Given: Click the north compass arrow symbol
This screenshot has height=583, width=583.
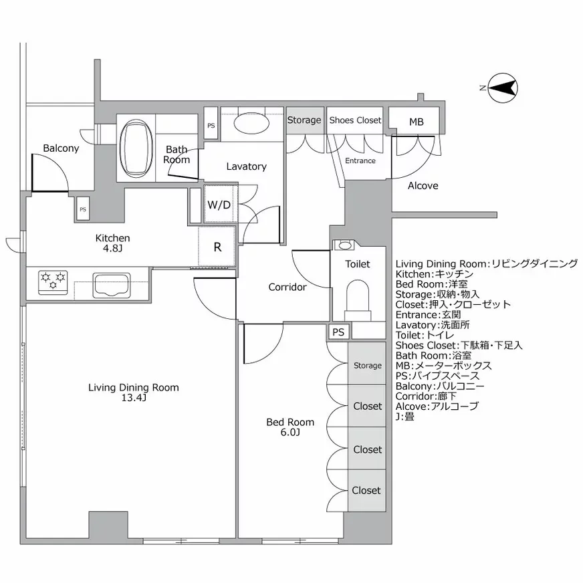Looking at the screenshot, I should tap(502, 88).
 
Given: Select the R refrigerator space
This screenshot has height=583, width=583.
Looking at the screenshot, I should tap(217, 246).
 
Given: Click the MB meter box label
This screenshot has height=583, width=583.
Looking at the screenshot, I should tap(415, 121).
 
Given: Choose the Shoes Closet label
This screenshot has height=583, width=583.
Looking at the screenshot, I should tap(354, 120).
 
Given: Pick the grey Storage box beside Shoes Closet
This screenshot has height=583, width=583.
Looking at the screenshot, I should tap(305, 120).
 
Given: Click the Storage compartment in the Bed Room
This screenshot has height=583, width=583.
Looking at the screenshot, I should tap(367, 365).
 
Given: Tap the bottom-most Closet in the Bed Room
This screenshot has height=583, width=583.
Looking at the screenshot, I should tap(367, 490).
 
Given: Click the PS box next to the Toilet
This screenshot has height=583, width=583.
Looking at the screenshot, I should tap(338, 331).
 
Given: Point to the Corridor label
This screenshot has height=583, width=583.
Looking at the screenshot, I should tap(287, 287).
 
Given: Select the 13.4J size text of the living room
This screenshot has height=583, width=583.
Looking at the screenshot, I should tap(134, 398).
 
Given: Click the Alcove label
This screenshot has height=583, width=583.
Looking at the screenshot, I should tap(423, 186).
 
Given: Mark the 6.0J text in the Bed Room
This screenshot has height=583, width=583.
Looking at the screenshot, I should tap(289, 433).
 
